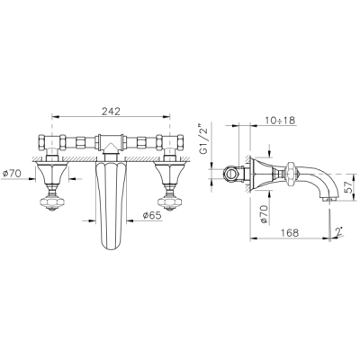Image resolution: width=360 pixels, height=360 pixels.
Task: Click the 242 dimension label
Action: coord(111,111)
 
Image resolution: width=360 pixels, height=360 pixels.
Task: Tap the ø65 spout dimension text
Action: coord(152,215)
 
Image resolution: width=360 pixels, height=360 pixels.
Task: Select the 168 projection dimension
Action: coord(290,233)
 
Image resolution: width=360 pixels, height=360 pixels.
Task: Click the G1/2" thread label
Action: coord(204,138)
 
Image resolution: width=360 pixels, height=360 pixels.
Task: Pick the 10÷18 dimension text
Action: coord(280,121)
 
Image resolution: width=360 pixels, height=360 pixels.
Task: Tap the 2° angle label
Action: coord(339,231)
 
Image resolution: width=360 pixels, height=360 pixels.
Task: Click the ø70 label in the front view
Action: coord(12,174)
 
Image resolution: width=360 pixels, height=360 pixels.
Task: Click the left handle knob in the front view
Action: coord(53,202)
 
